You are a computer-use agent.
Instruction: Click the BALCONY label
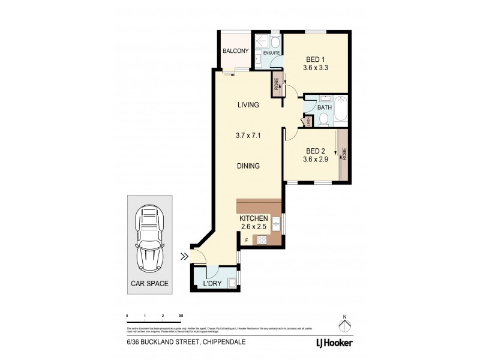[x=236, y=51]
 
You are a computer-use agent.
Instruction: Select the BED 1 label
[x=316, y=59]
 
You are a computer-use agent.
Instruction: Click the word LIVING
[x=247, y=105]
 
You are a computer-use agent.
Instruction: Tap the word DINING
[x=247, y=166]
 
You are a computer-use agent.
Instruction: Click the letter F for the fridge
[x=246, y=240]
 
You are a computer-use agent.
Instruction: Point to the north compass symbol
[x=344, y=325]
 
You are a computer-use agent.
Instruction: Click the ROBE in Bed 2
[x=344, y=154]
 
